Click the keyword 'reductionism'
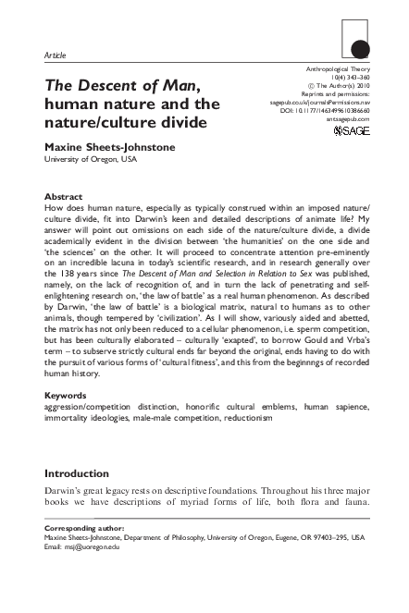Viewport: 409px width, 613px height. tap(243, 444)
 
